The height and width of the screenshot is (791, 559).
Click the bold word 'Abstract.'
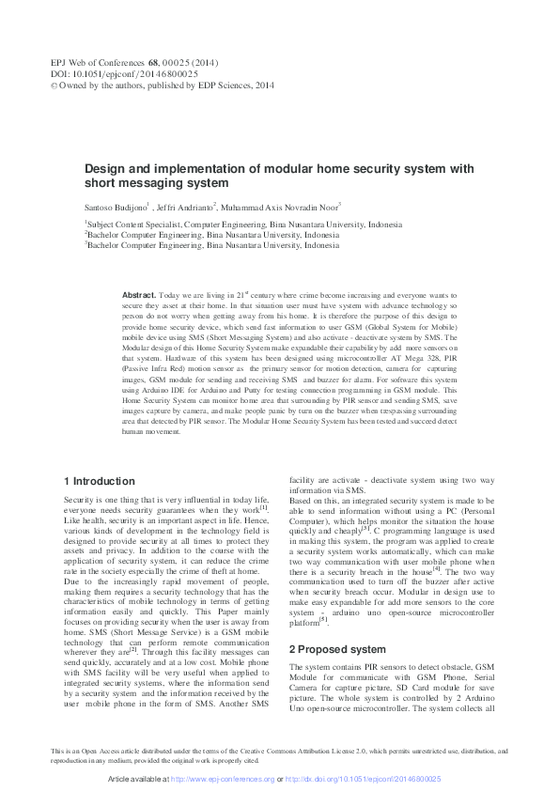[x=140, y=295]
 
